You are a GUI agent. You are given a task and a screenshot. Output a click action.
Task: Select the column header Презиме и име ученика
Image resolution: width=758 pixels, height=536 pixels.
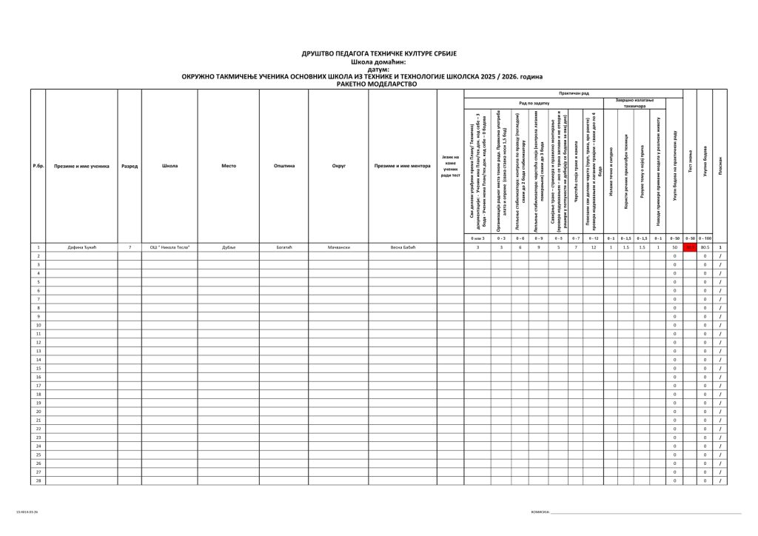(x=81, y=166)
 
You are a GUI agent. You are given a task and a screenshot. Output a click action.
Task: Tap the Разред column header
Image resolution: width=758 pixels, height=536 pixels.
(x=129, y=166)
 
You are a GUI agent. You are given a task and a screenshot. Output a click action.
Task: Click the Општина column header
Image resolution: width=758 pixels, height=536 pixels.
(x=284, y=166)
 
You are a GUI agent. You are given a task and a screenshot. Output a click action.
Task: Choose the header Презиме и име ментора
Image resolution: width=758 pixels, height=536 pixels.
(x=403, y=166)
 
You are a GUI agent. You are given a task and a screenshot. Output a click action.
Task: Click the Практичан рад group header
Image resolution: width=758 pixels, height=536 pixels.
(x=574, y=93)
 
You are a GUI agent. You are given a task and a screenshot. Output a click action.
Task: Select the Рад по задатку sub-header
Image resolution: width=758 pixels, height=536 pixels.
(x=534, y=103)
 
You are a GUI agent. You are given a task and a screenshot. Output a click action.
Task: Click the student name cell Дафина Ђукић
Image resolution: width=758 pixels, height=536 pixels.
(x=81, y=247)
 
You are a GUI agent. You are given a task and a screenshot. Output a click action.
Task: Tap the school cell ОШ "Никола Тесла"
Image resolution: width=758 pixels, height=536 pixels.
(x=170, y=247)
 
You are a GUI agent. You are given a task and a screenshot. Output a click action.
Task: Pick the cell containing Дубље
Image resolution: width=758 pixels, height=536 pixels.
(x=228, y=247)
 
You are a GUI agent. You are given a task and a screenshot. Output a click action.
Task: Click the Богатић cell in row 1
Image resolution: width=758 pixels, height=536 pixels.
(x=284, y=247)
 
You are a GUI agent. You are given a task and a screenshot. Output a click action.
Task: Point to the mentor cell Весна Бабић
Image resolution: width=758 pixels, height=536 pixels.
(x=403, y=247)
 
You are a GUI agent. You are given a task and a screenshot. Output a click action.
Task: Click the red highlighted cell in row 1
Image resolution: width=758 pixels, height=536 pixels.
(x=690, y=247)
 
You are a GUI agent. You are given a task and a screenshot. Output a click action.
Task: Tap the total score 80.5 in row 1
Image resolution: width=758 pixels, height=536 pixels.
(x=705, y=247)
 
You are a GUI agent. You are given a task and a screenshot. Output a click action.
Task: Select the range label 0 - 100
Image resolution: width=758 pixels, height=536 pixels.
(x=705, y=238)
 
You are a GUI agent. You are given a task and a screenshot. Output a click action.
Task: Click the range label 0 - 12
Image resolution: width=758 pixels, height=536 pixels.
(x=594, y=238)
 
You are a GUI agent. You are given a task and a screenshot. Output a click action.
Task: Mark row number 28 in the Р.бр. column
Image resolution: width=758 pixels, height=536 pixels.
(x=38, y=481)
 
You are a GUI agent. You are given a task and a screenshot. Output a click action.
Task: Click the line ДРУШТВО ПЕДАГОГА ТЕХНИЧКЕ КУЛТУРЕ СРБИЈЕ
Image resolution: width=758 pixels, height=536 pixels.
(x=379, y=54)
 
